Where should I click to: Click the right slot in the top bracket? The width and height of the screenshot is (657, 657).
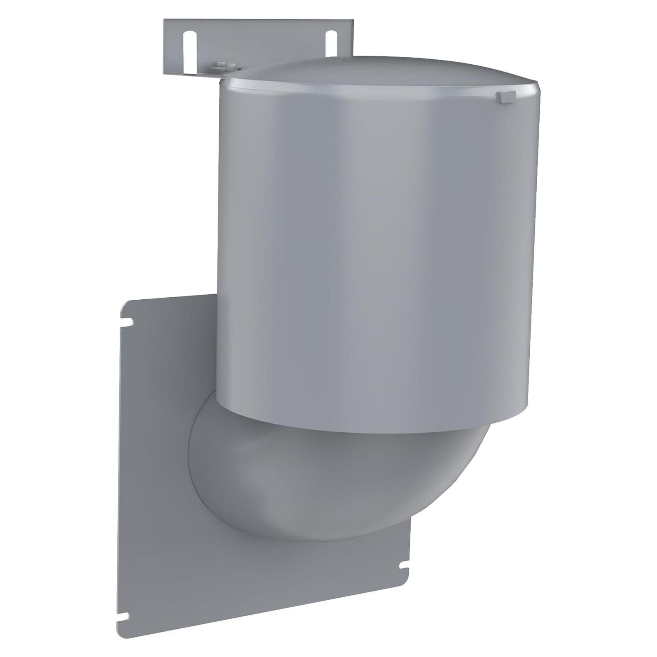coord(331,41)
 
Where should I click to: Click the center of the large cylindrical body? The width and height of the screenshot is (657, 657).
coord(373,249)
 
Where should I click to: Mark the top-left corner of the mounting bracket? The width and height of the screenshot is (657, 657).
coord(165,20)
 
